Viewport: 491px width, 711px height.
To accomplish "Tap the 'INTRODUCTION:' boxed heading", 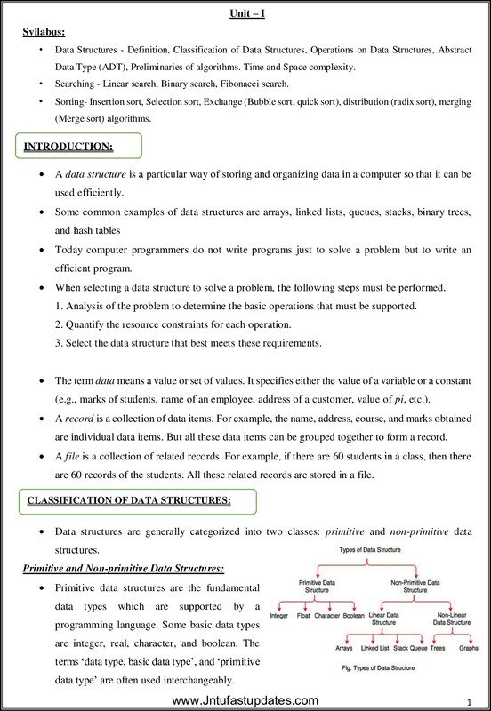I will pos(68,145).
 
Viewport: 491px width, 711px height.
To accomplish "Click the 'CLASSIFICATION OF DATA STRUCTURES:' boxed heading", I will pos(129,500).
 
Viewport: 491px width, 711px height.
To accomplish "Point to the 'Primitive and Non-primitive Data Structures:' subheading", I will pos(123,567).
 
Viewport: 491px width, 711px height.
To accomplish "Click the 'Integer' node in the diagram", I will pos(278,615).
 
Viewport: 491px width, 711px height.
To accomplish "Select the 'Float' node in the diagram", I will pos(303,615).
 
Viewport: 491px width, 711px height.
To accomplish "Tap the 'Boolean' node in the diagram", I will pos(353,615).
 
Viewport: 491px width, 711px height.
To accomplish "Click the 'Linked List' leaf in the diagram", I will pos(374,649).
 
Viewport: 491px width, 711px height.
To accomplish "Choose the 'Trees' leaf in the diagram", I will pos(438,649).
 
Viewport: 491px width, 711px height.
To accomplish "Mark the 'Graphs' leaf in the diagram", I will pos(468,649).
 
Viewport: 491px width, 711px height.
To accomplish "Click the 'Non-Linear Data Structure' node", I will pos(452,619).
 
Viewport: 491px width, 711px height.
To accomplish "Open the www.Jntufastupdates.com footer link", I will pos(245,700).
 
